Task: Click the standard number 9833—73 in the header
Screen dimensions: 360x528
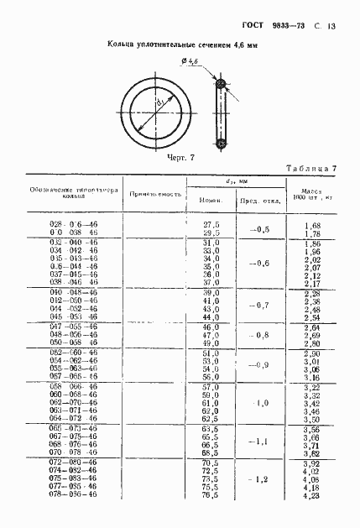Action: (288, 26)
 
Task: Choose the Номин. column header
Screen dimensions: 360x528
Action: (210, 201)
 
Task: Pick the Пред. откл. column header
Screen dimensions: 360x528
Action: (253, 201)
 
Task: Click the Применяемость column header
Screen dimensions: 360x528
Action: (155, 194)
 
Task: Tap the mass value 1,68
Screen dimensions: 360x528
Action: (313, 226)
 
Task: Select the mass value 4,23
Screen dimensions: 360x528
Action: (313, 518)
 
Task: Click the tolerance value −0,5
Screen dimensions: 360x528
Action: (253, 229)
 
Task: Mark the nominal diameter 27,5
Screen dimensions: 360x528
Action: (211, 226)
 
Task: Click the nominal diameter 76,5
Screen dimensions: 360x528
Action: (211, 518)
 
